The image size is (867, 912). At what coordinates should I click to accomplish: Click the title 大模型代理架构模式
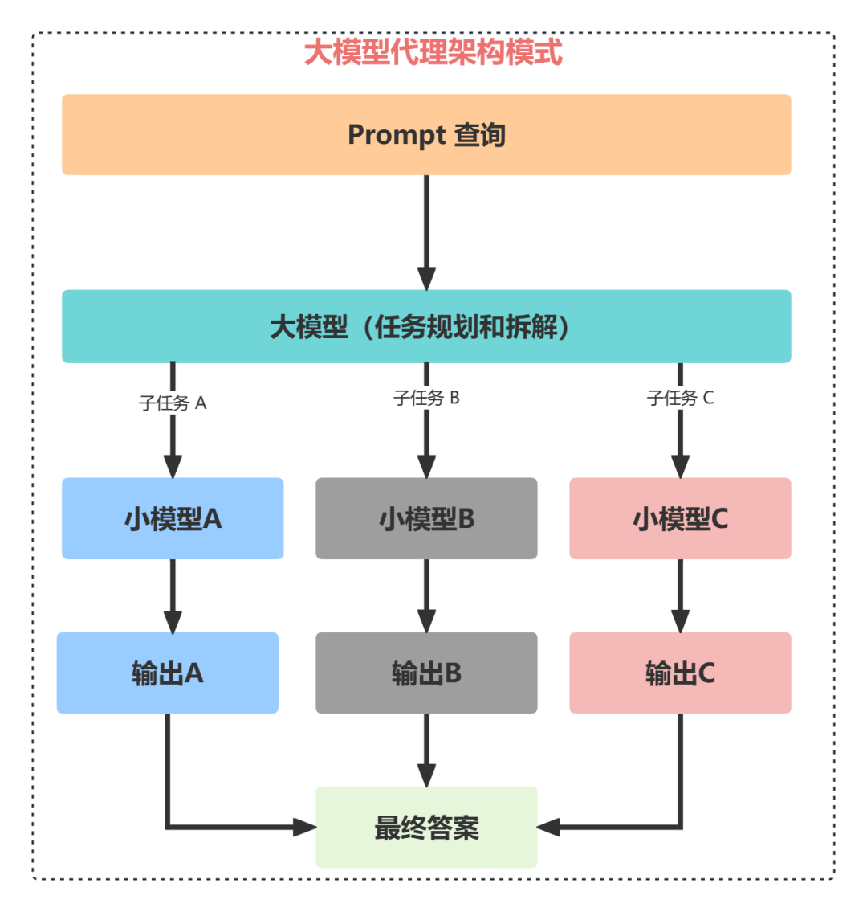click(x=433, y=53)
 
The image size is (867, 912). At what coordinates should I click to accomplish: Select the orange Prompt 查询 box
click(x=426, y=134)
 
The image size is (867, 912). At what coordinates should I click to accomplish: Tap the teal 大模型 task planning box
click(x=426, y=326)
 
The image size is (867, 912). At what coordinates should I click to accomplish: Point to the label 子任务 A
click(x=173, y=403)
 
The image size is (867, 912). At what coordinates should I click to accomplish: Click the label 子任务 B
click(x=426, y=398)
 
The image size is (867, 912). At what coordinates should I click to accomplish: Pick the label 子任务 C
click(x=680, y=398)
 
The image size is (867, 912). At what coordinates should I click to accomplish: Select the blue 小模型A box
click(x=173, y=518)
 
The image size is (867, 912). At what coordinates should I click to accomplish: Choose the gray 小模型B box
click(x=426, y=518)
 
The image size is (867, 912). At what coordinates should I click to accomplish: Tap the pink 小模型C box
click(x=680, y=518)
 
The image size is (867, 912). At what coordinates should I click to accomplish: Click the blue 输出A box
click(x=167, y=673)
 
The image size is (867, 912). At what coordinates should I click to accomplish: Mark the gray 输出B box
click(x=426, y=673)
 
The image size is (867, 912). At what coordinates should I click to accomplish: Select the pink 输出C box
click(x=680, y=673)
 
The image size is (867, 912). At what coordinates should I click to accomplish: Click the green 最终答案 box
click(x=426, y=827)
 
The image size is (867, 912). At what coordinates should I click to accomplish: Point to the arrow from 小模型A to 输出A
click(x=173, y=595)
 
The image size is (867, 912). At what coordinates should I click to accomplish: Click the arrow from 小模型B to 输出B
click(x=426, y=595)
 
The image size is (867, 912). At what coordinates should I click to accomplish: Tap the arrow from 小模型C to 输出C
click(x=680, y=595)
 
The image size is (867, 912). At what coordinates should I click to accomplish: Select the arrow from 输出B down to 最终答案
click(x=426, y=749)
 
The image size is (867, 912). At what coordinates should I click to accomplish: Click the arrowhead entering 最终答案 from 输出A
click(x=305, y=827)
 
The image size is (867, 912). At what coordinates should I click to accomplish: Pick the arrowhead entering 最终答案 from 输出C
click(x=548, y=827)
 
